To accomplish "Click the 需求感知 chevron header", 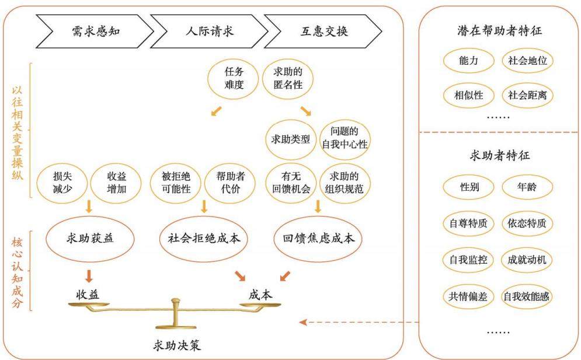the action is tap(95, 31).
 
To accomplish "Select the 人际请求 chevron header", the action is tap(210, 31).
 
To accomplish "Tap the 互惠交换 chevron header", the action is tap(323, 31).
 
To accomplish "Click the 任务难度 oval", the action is tap(234, 79).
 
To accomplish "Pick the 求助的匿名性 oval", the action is tap(288, 79).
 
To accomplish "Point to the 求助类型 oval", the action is tap(291, 139).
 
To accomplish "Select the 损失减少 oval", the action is tap(62, 183).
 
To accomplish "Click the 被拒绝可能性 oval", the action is tap(176, 183).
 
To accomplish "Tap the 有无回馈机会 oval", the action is tap(291, 183).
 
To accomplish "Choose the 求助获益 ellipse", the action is tap(90, 239).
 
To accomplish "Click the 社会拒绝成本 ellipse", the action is tap(204, 239).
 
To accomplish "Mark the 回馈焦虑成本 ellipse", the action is tap(318, 239).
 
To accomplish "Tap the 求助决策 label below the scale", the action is tap(177, 345).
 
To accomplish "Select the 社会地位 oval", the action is tap(527, 61).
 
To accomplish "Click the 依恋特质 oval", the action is tap(527, 223).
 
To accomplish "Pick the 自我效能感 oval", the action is tap(526, 296).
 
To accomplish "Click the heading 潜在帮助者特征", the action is tap(499, 31).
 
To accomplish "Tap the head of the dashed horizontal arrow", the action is tap(300, 322).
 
